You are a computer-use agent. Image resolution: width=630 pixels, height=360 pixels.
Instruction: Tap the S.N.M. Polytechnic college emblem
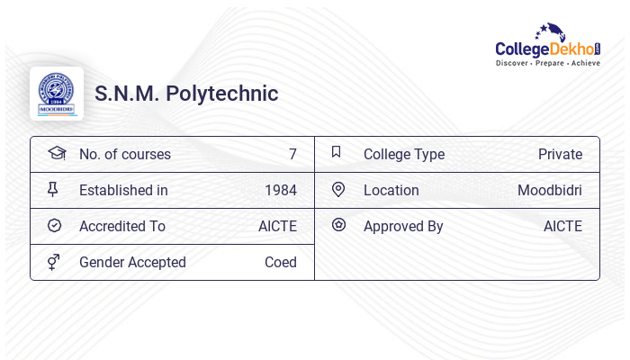pyautogui.click(x=57, y=94)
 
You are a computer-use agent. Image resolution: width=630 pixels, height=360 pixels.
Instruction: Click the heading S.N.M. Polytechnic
pyautogui.click(x=186, y=94)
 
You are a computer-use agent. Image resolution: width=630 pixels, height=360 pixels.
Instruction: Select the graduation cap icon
pyautogui.click(x=56, y=153)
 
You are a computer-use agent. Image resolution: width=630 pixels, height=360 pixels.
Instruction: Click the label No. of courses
pyautogui.click(x=125, y=155)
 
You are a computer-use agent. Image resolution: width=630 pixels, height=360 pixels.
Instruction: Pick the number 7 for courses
pyautogui.click(x=292, y=155)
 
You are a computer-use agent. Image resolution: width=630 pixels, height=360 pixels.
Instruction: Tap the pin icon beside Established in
pyautogui.click(x=53, y=190)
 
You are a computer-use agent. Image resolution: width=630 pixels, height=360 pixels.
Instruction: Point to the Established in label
pyautogui.click(x=123, y=191)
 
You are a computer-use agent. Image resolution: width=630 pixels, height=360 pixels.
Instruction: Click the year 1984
pyautogui.click(x=280, y=191)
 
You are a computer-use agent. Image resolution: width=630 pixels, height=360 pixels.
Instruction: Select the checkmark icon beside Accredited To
pyautogui.click(x=54, y=226)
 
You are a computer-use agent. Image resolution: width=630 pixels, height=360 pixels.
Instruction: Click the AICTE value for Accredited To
pyautogui.click(x=277, y=227)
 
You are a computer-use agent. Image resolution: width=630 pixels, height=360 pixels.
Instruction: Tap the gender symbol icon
pyautogui.click(x=54, y=262)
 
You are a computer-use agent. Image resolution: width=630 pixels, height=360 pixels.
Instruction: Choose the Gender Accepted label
pyautogui.click(x=132, y=263)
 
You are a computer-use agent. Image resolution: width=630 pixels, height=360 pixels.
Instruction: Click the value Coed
pyautogui.click(x=280, y=263)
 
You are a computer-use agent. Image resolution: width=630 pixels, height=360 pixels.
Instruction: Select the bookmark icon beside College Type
pyautogui.click(x=337, y=153)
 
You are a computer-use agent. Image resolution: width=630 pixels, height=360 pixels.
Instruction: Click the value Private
pyautogui.click(x=560, y=155)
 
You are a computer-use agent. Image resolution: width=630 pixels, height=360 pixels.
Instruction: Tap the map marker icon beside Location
pyautogui.click(x=338, y=190)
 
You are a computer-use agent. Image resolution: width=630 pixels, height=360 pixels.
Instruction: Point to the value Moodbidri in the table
pyautogui.click(x=549, y=191)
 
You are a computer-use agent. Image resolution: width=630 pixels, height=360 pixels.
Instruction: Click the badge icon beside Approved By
pyautogui.click(x=338, y=225)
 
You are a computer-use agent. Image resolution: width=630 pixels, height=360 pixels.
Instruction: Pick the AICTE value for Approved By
pyautogui.click(x=562, y=227)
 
